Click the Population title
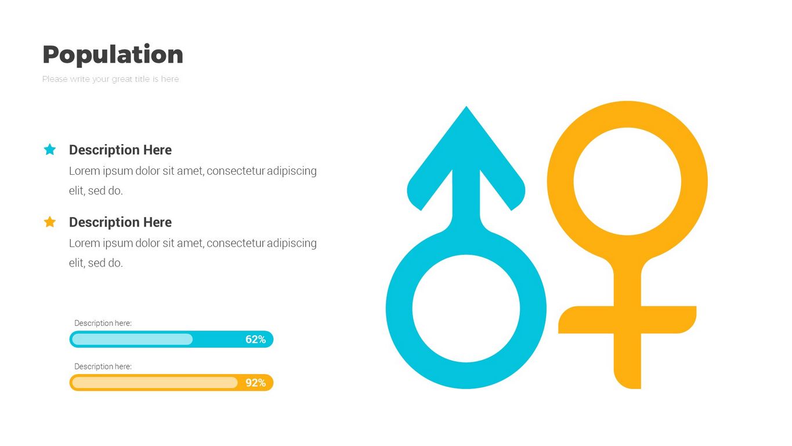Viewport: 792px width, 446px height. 113,55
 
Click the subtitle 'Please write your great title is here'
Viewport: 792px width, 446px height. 110,79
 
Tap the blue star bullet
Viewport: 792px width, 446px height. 50,149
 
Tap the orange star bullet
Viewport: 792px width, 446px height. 50,222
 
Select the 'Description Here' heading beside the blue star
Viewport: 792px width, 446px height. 120,150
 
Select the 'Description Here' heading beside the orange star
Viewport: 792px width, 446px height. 120,222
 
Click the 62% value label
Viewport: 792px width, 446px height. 256,340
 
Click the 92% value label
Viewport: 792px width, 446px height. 256,383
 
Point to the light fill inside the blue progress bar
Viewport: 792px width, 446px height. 132,339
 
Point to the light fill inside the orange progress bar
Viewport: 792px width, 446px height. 154,383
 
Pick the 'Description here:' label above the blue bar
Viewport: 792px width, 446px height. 103,323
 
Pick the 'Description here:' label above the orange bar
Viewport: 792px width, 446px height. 103,366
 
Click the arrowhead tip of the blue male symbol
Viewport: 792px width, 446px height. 466,106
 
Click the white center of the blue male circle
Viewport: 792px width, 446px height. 466,308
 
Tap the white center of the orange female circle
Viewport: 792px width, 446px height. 627,181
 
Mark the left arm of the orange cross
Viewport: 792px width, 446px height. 586,319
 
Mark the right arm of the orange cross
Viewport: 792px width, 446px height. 668,319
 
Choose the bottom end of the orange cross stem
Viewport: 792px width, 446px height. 628,388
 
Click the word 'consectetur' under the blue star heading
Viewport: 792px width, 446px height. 236,171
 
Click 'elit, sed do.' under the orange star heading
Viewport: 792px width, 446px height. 96,262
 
